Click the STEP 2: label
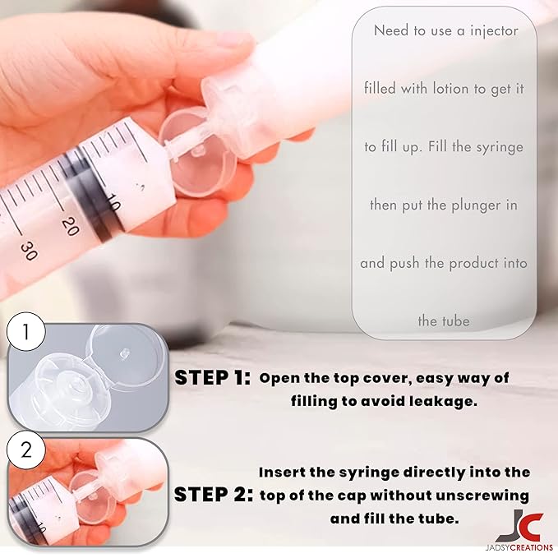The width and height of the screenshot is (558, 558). coord(212,495)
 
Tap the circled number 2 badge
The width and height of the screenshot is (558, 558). coord(25,450)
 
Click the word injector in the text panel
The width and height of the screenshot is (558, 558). coord(493,30)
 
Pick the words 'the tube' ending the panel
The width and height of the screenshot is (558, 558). coord(444,321)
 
